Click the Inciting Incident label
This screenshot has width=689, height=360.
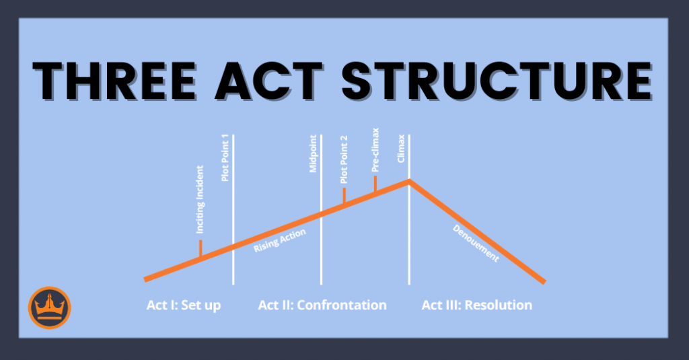pos(201,207)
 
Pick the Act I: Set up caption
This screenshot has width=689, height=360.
pos(184,305)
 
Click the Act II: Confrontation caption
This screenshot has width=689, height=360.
pos(322,305)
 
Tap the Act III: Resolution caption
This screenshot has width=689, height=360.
pos(476,305)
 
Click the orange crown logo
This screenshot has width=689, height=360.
pos(50,308)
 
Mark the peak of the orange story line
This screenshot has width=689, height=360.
pos(408,180)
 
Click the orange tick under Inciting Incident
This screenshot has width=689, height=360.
pos(201,249)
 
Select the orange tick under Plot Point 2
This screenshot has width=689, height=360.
pos(344,196)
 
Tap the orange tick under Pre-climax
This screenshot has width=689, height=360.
pos(375,185)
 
